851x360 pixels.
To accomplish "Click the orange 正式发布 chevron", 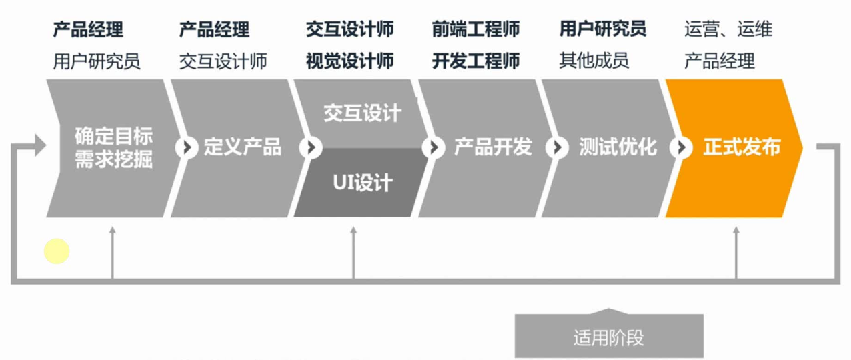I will [734, 148].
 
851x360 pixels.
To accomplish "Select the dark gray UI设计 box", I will [363, 183].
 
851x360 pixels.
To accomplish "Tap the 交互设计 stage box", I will [363, 113].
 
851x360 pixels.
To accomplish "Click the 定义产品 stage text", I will [243, 147].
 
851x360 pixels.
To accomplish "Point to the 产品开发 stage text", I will [493, 147].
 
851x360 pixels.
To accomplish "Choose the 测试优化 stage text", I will [618, 147].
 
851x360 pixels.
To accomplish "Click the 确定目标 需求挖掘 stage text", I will [113, 148].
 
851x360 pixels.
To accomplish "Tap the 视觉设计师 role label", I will [349, 61].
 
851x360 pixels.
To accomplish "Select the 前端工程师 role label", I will [476, 30].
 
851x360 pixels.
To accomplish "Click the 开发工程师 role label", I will [476, 61].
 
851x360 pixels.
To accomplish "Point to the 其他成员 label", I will [594, 61].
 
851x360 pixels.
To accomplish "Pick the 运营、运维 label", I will [728, 30].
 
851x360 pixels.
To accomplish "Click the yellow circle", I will [57, 251].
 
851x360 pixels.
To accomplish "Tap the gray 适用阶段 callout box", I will [608, 337].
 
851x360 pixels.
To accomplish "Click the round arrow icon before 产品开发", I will [434, 147].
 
